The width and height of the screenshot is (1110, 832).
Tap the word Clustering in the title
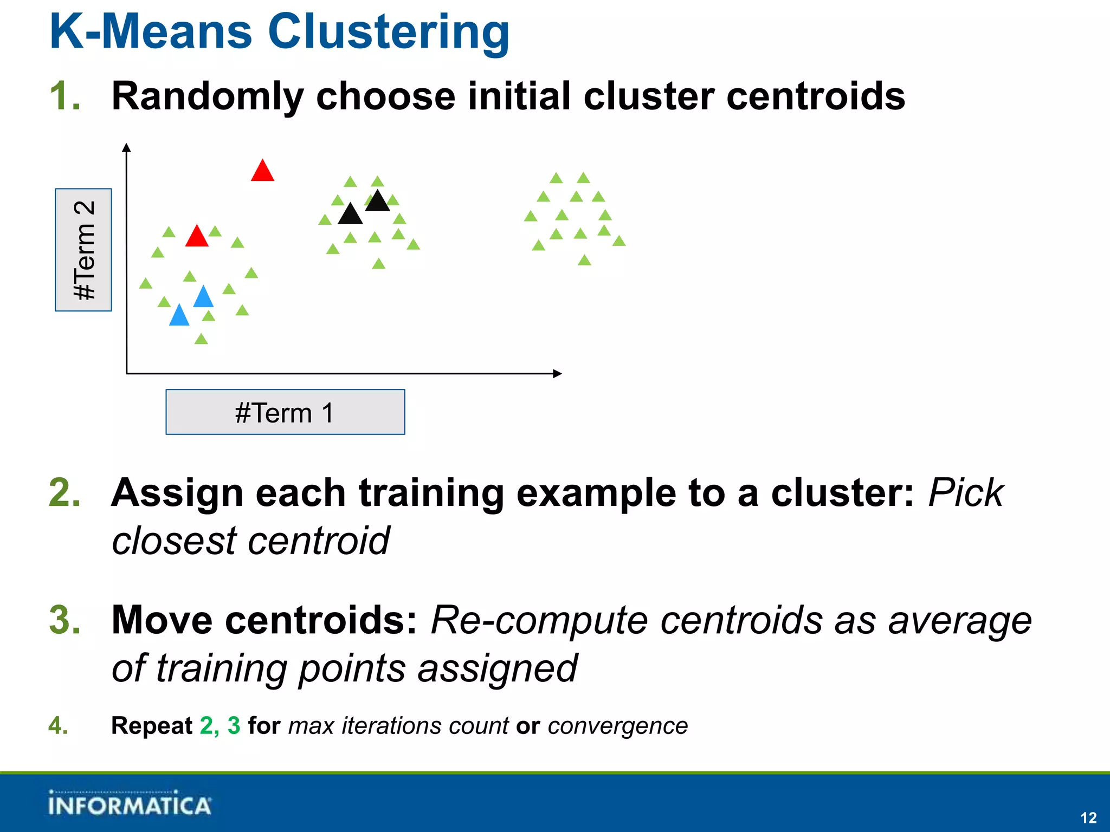[x=388, y=32]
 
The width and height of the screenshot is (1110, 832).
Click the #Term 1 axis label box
[x=285, y=412]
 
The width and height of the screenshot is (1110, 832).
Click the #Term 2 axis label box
[x=83, y=250]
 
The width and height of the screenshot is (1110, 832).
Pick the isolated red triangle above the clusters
[x=262, y=171]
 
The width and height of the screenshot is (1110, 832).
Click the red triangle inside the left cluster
[x=197, y=237]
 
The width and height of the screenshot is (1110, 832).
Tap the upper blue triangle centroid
[x=203, y=297]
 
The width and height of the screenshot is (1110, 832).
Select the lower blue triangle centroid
[x=179, y=316]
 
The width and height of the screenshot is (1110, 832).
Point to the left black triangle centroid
[x=350, y=214]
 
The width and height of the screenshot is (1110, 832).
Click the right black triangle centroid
[x=378, y=201]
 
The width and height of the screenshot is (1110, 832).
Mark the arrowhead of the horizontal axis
[x=557, y=373]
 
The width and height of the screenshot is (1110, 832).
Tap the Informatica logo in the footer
[x=129, y=804]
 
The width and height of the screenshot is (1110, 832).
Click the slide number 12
[x=1088, y=817]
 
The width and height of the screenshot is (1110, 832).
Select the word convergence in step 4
[x=617, y=726]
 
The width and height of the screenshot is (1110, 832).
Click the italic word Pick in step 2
[x=966, y=493]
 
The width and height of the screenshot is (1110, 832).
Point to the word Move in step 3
[x=162, y=620]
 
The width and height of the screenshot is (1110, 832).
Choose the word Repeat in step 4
[x=152, y=726]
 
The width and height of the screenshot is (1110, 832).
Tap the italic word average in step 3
[x=960, y=621]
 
